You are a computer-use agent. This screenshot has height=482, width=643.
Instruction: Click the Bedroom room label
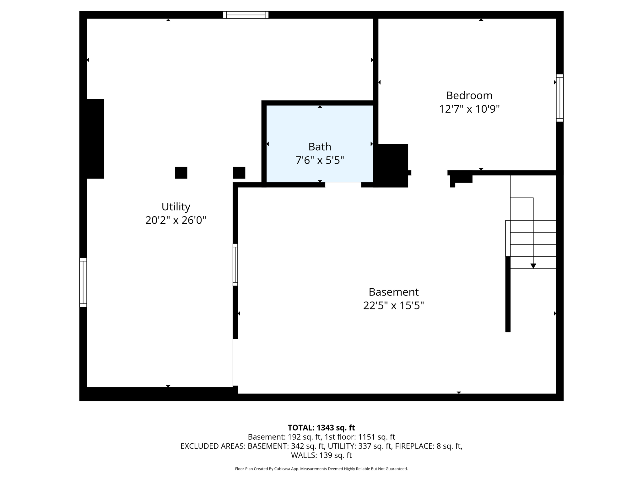469,95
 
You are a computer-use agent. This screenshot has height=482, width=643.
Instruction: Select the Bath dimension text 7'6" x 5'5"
320,160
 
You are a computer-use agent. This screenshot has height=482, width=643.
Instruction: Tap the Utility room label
176,207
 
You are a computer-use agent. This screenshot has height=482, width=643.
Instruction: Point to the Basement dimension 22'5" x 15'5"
393,305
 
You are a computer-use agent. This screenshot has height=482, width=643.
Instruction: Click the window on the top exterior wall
246,15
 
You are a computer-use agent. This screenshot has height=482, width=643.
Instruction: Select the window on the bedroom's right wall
559,98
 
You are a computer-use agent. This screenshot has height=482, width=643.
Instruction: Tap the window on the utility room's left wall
83,282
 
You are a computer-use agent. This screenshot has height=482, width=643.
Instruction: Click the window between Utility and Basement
235,265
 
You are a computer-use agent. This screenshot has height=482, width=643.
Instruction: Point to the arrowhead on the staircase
533,266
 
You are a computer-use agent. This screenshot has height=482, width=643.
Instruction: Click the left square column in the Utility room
181,173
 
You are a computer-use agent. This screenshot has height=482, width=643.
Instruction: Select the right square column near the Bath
239,173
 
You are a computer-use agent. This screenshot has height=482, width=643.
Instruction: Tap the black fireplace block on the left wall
95,139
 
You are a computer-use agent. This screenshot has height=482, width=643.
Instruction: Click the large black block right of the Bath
392,165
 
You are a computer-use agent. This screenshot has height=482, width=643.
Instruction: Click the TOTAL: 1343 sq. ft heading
321,428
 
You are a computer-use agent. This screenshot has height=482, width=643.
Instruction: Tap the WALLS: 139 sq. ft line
321,455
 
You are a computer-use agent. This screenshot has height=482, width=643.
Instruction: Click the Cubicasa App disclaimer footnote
321,469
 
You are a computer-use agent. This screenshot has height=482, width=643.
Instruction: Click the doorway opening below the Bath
343,185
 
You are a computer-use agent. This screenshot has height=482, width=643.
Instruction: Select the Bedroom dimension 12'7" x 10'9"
469,109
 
